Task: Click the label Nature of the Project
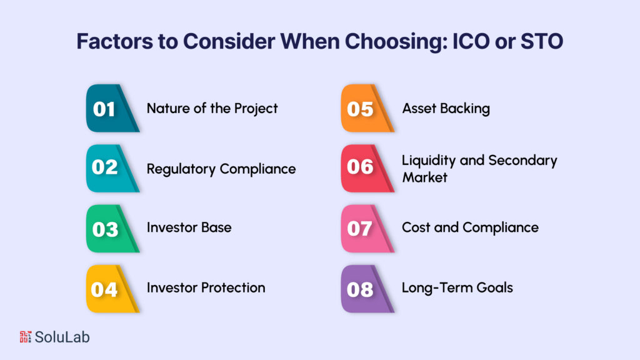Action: (x=212, y=108)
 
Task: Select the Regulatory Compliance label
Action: (x=221, y=169)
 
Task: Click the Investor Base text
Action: (x=189, y=227)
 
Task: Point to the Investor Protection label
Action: (x=206, y=287)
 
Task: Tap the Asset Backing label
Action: (x=446, y=108)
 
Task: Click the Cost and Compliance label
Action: (x=470, y=227)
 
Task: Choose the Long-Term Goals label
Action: (x=457, y=287)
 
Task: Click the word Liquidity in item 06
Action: (x=429, y=161)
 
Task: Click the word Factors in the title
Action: (x=109, y=41)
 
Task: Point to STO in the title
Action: (x=542, y=41)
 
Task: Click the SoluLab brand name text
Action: (x=62, y=337)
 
